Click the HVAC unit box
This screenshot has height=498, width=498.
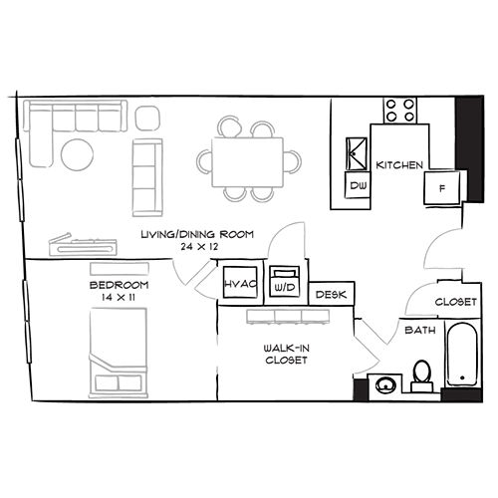tap(240, 282)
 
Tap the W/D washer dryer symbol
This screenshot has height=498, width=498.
tap(285, 281)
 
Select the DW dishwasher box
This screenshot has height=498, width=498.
tap(358, 185)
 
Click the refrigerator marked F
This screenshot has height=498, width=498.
tap(441, 187)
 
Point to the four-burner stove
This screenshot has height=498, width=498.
tap(400, 111)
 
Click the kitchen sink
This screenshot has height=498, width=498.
tap(357, 154)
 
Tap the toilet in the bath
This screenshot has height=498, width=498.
tap(422, 376)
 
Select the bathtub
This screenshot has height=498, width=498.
tap(462, 354)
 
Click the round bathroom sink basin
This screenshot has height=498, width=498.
tap(385, 385)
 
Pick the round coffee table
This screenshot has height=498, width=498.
tap(78, 154)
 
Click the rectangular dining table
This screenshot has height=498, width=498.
tap(248, 162)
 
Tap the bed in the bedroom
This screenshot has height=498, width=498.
tap(119, 353)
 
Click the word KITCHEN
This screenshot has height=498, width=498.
tap(399, 165)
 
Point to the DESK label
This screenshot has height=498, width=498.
tap(331, 295)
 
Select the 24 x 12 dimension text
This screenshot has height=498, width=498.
tap(199, 247)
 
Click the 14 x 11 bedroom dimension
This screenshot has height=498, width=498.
tap(119, 297)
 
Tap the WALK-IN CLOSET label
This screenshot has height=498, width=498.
tap(286, 354)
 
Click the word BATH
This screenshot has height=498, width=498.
tap(420, 330)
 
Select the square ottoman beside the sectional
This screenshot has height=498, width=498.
tap(147, 119)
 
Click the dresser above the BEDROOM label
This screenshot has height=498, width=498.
tap(120, 269)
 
